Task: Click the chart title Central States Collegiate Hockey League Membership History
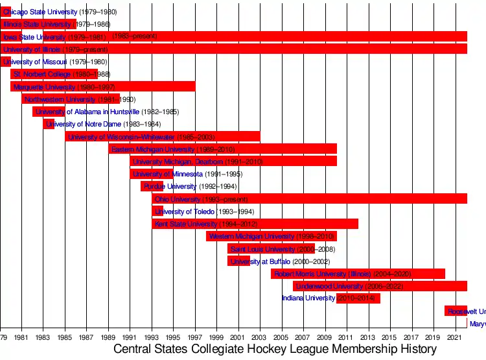pos(275,349)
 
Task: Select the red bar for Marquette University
pos(102,87)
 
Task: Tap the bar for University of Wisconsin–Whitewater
pos(162,137)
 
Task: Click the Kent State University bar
pos(255,224)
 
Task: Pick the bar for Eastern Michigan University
pos(222,149)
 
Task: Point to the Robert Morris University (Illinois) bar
pos(358,274)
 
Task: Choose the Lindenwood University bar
pos(380,286)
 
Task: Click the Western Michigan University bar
pos(271,236)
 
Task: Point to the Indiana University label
pos(308,298)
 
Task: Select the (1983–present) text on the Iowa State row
pos(134,36)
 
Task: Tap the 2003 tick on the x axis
pos(260,337)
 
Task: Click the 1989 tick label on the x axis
pos(108,337)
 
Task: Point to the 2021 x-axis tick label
pos(456,337)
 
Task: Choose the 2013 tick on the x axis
pos(369,337)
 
